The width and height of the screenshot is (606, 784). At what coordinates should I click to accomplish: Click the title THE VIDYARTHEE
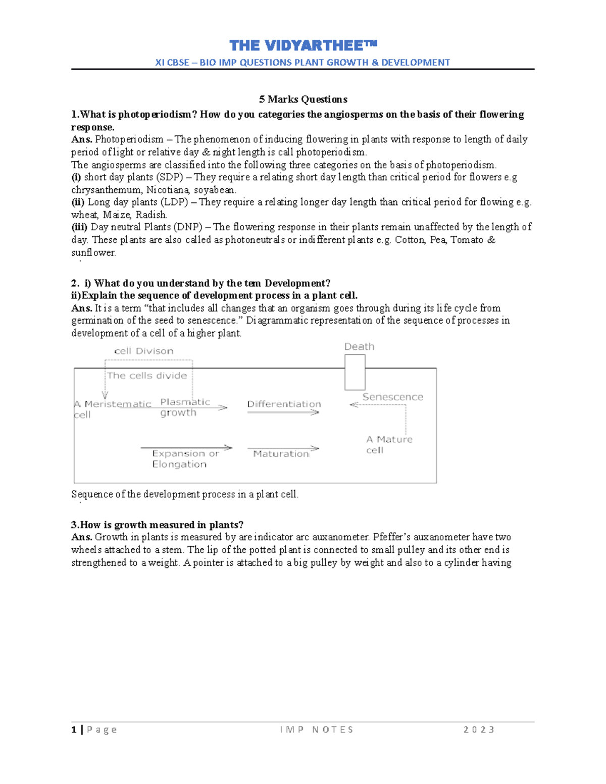click(x=303, y=46)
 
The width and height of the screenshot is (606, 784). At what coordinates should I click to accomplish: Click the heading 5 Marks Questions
click(x=303, y=99)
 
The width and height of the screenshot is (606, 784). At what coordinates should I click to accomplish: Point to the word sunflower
click(x=93, y=253)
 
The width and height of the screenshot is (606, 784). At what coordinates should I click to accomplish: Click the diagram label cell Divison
click(x=144, y=351)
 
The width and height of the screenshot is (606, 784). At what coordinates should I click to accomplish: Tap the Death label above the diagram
click(x=359, y=347)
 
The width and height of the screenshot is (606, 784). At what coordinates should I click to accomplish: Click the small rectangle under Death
click(x=355, y=372)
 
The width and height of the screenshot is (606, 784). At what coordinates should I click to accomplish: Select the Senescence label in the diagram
click(x=392, y=397)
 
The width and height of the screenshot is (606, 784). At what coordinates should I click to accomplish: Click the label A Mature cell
click(x=389, y=445)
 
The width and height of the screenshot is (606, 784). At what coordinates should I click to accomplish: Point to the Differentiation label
click(x=284, y=404)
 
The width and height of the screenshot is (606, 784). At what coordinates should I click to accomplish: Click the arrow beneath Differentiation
click(x=283, y=413)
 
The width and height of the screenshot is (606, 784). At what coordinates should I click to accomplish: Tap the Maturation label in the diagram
click(x=281, y=454)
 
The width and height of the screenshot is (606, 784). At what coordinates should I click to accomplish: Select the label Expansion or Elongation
click(x=185, y=459)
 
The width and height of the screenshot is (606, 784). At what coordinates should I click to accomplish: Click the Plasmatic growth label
click(x=184, y=407)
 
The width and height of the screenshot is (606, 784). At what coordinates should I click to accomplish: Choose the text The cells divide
click(x=147, y=376)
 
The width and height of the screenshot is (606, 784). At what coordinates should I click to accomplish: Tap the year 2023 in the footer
click(x=479, y=729)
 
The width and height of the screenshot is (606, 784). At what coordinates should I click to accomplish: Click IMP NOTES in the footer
click(x=317, y=729)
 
